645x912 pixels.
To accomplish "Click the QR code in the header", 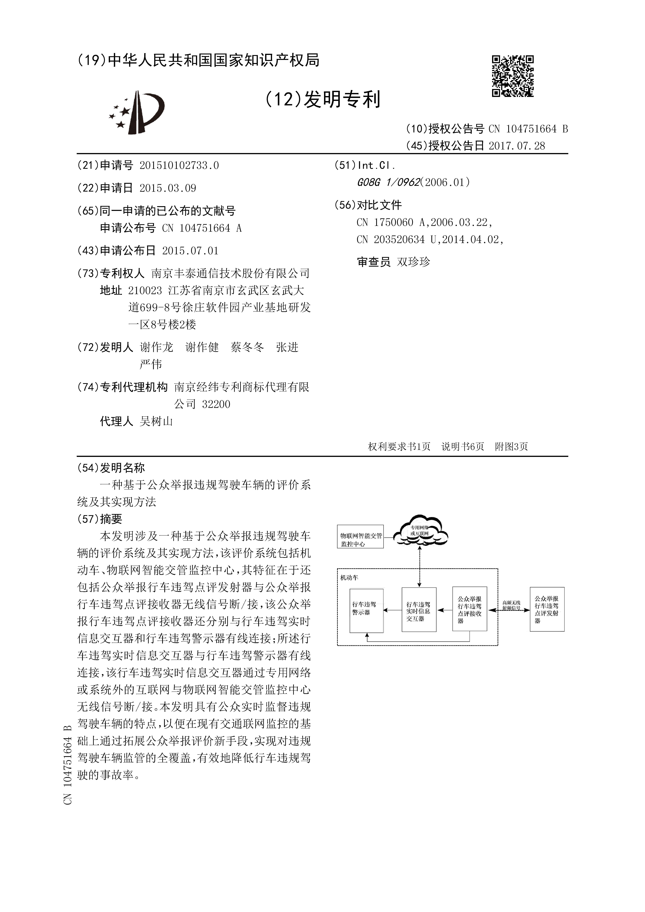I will (x=512, y=76).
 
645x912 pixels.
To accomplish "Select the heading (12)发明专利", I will (x=322, y=99).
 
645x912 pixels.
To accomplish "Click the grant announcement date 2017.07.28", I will (x=517, y=146).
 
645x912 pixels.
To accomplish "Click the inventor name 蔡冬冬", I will (x=247, y=348).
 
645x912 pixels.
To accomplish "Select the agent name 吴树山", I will (x=156, y=421).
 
